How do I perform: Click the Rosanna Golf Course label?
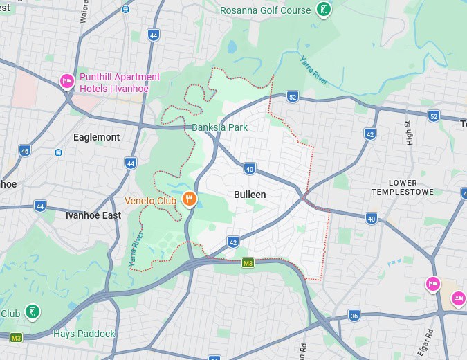(x=265, y=10)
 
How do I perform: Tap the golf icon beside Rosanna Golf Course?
(x=322, y=10)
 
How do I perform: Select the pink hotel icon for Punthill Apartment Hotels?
(x=67, y=82)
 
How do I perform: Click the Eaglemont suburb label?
(x=96, y=137)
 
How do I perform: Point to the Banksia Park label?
(x=219, y=127)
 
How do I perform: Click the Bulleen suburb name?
(x=250, y=195)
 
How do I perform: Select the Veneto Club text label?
(x=151, y=201)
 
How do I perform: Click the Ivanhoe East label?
(x=93, y=215)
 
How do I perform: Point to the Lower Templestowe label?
(x=403, y=187)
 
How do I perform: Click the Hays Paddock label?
(x=84, y=334)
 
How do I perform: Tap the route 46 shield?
(x=25, y=150)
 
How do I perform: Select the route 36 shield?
(x=354, y=315)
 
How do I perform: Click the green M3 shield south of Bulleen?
(x=248, y=262)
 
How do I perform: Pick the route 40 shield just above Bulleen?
(x=250, y=168)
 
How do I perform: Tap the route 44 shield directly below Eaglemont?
(x=130, y=163)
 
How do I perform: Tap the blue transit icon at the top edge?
(x=125, y=9)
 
